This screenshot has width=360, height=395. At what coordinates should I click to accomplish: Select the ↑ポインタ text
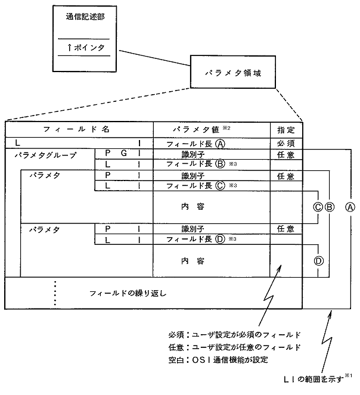85,46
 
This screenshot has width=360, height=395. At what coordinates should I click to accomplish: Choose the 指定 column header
286,129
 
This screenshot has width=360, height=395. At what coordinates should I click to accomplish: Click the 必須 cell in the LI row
286,144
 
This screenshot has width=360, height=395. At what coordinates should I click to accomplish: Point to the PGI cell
122,154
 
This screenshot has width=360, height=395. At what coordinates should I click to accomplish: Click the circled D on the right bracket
319,260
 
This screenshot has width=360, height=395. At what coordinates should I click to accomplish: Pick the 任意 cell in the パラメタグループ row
286,154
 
